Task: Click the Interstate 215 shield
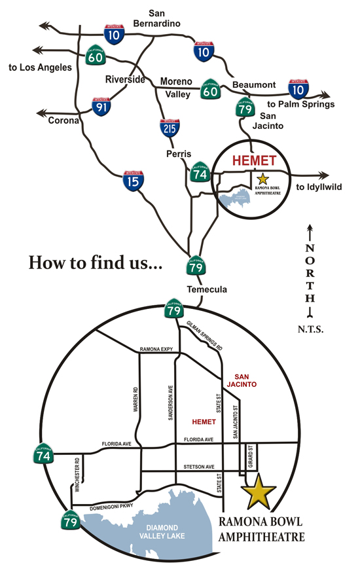point(170,128)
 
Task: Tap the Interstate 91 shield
point(101,107)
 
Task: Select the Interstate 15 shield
point(134,180)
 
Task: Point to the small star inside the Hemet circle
point(263,178)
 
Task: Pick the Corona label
point(62,120)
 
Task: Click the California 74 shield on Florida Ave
point(43,454)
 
